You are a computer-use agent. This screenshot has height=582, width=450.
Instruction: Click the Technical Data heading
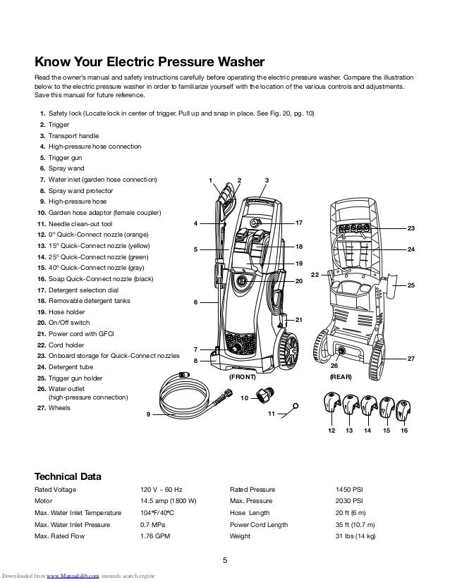tap(68, 476)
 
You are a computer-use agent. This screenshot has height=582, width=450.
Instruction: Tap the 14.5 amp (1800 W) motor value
tap(169, 502)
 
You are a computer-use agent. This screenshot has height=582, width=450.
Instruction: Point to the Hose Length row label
tap(250, 513)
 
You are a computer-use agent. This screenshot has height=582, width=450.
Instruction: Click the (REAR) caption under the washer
tap(341, 378)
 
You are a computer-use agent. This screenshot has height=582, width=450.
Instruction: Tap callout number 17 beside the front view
tap(299, 223)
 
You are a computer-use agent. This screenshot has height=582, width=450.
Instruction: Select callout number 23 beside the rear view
tap(411, 228)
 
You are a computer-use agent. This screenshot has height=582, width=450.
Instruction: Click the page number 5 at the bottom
tap(225, 561)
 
